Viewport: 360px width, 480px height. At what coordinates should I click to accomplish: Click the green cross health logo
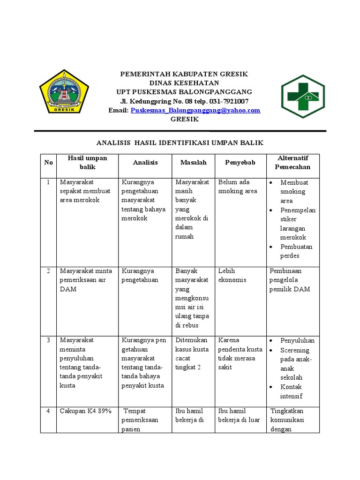(x=302, y=97)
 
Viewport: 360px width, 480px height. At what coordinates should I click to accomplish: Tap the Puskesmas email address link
(x=195, y=110)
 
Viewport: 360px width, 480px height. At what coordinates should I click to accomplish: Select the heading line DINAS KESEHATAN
(x=184, y=83)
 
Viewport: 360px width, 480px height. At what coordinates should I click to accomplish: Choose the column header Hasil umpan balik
(x=87, y=162)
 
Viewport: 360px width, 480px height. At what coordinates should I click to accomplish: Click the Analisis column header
(x=145, y=162)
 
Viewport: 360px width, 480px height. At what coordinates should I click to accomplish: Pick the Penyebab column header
(x=240, y=162)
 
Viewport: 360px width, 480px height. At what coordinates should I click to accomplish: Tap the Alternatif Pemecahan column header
(x=292, y=162)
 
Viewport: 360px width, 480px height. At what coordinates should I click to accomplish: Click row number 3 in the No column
(x=48, y=340)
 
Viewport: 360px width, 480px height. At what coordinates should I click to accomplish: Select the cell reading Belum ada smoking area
(x=238, y=187)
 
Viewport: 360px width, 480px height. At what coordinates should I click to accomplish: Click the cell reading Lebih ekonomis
(x=232, y=275)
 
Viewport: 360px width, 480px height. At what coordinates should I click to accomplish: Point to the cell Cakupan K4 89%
(x=85, y=411)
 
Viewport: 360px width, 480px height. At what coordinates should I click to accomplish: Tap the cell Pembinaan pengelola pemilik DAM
(x=290, y=280)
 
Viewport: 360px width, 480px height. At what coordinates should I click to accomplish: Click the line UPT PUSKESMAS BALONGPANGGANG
(x=184, y=92)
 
